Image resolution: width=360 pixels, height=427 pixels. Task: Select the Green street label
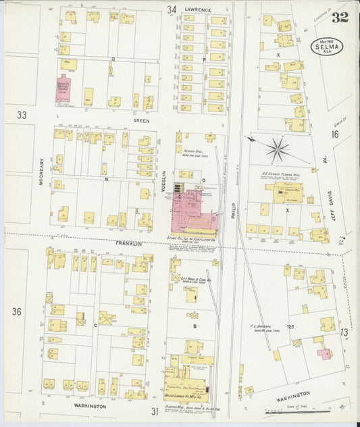[140, 121]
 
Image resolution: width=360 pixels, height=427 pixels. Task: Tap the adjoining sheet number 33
[22, 116]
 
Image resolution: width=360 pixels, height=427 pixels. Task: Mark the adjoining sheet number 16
[335, 134]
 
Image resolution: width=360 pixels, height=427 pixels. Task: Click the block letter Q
[113, 59]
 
